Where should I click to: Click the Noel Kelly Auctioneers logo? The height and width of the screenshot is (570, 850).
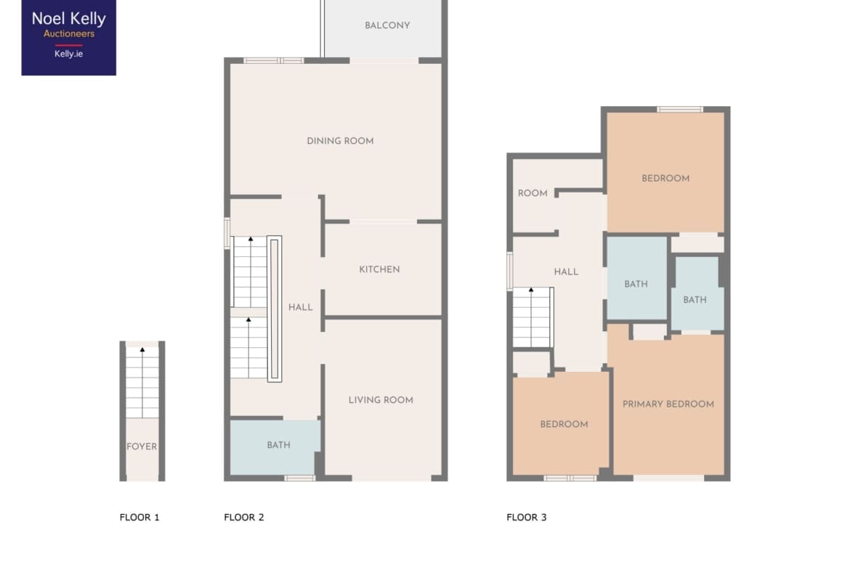tap(69, 37)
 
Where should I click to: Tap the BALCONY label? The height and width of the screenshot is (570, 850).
tap(387, 25)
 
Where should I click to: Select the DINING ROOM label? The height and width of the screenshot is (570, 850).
tap(340, 141)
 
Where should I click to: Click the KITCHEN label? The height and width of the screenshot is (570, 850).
tap(379, 269)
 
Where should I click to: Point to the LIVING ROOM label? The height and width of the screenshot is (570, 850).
tap(381, 400)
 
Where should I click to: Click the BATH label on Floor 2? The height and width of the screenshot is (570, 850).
tap(279, 445)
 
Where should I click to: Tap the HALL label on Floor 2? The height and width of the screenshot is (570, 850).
tap(300, 307)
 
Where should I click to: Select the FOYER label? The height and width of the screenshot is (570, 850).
tap(142, 447)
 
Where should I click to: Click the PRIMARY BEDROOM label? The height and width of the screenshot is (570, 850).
tap(668, 404)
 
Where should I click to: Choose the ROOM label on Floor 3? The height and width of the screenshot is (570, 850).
tap(533, 193)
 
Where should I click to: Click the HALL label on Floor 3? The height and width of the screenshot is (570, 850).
tap(566, 272)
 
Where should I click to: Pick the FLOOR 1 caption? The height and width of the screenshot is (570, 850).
tap(139, 517)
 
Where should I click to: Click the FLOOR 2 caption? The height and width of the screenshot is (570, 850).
tap(244, 517)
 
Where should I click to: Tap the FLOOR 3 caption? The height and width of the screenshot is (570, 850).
tap(527, 517)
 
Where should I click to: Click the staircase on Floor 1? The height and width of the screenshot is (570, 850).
tap(142, 383)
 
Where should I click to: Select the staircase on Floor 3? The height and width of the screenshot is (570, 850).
tap(533, 317)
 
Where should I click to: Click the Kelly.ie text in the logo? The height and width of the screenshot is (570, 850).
tap(68, 54)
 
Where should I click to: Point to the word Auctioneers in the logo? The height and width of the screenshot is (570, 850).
tap(69, 33)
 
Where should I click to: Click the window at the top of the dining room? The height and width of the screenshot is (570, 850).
tap(273, 61)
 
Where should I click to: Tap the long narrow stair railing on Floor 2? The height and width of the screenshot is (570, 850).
tap(275, 309)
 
